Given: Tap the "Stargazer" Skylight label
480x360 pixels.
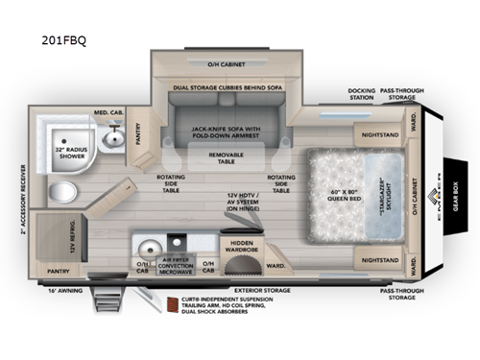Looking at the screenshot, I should tap(380, 183).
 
